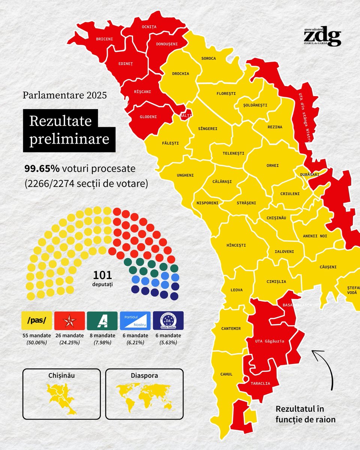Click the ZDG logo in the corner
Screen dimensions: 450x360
click(x=322, y=37)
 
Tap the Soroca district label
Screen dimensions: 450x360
click(x=208, y=58)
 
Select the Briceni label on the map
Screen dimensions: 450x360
click(x=104, y=39)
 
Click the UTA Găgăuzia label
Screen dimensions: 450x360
click(x=269, y=341)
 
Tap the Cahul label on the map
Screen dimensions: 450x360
click(x=226, y=374)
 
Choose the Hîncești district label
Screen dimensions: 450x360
click(x=236, y=245)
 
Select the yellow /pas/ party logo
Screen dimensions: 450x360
click(x=37, y=321)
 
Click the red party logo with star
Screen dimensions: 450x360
click(x=69, y=321)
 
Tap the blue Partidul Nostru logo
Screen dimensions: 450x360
click(x=135, y=321)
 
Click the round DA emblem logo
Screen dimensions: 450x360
click(x=168, y=321)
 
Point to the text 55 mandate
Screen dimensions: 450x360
click(x=37, y=335)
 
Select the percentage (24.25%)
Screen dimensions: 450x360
click(x=69, y=342)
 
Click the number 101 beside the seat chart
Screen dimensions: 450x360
click(x=102, y=275)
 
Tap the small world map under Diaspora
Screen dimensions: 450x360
click(x=144, y=398)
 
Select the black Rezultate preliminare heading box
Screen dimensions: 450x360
click(x=69, y=130)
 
